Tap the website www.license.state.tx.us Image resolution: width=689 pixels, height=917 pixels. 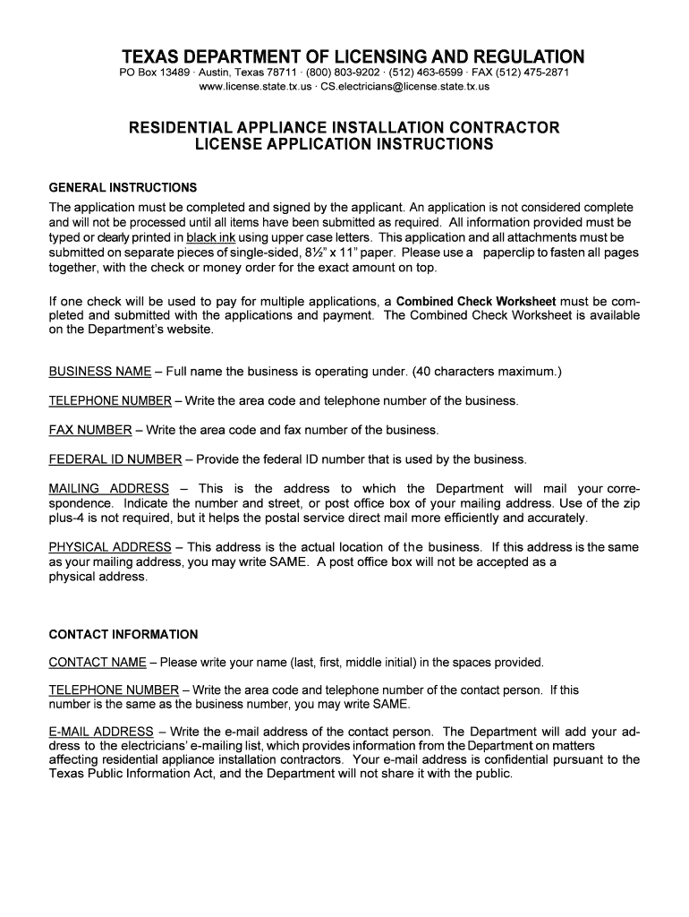pos(255,87)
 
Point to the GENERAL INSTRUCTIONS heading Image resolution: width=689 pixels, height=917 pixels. pos(123,188)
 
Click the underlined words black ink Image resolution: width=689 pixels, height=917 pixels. pos(210,238)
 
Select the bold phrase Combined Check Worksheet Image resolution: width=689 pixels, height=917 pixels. pos(476,301)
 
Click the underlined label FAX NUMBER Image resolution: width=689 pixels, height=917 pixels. pos(90,430)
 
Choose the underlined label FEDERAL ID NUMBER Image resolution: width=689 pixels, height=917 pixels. pos(115,459)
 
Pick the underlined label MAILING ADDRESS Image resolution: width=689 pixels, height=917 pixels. pos(108,489)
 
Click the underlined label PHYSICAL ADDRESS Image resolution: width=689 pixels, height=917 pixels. pos(109,547)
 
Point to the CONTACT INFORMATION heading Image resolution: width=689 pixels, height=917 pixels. pos(123,635)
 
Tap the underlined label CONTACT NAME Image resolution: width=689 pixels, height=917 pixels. pos(98,663)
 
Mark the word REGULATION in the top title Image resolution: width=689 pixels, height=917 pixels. pos(510,56)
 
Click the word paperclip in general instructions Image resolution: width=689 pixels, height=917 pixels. pos(514,253)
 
